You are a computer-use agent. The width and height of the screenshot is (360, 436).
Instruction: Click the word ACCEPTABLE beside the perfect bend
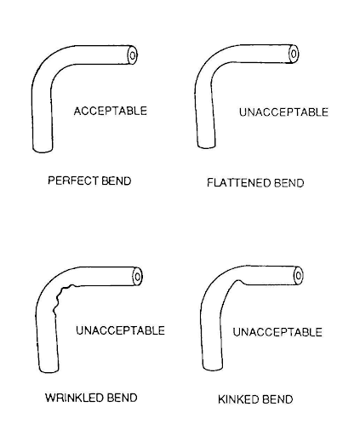point(111,111)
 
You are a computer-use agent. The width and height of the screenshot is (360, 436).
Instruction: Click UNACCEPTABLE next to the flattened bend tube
point(283,112)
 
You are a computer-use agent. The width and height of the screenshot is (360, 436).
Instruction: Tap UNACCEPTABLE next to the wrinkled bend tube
point(120,330)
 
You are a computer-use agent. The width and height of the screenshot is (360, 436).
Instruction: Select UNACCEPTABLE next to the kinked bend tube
point(277,332)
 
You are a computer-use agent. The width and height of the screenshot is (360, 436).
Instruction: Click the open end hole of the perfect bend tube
point(133,55)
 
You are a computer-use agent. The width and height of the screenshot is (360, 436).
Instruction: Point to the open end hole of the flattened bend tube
point(294,54)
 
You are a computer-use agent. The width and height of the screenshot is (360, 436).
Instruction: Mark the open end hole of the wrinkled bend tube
point(138,277)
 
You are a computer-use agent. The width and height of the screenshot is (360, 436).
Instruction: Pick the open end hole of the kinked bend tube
point(299,275)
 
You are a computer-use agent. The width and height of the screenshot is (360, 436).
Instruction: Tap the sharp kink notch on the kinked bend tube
point(240,282)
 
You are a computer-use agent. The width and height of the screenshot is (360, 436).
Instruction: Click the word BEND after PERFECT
point(117,181)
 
